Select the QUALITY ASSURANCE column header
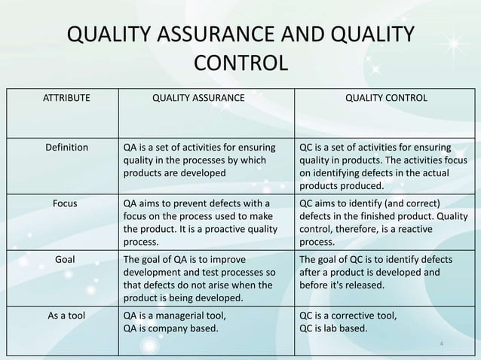pos(199,98)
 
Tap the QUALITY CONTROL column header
pos(386,98)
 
